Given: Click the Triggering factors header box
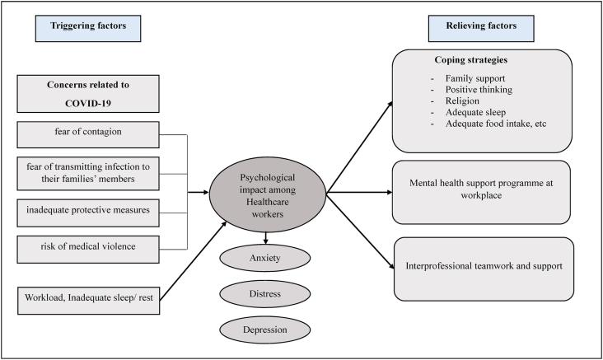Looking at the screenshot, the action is tap(88, 29).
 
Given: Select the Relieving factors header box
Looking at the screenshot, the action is tap(481, 29).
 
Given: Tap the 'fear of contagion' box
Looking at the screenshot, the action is tap(88, 134).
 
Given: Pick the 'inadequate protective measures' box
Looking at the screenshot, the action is tap(88, 213).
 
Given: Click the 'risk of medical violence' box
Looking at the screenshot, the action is tap(88, 250).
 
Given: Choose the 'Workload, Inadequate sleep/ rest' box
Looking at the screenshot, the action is tap(88, 301).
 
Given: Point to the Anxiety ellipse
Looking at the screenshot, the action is tap(265, 258).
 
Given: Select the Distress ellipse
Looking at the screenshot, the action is tap(265, 294).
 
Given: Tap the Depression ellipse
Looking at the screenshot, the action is tap(265, 330).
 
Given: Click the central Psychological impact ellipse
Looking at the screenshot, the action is tap(268, 194).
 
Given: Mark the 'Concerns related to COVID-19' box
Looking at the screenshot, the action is tap(88, 94).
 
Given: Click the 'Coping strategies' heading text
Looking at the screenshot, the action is tap(471, 60).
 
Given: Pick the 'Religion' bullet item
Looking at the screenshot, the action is tap(462, 101).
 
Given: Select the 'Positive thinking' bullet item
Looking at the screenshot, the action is tap(479, 90).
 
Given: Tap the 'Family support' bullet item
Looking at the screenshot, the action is tap(475, 78).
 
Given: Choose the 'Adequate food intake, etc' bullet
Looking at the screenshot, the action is tap(496, 124).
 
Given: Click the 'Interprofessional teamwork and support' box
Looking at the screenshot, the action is tap(484, 269).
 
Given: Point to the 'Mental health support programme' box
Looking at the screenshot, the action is tap(481, 192).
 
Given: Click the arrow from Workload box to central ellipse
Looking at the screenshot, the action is tap(193, 261).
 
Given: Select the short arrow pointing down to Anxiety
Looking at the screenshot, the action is tap(266, 238).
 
